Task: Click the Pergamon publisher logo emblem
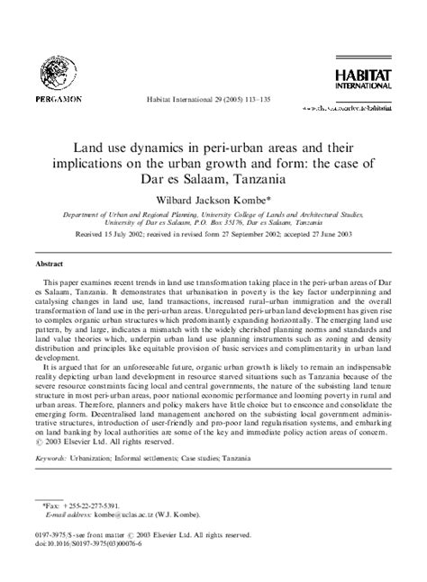pyautogui.click(x=58, y=68)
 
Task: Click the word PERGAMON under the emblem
pyautogui.click(x=58, y=96)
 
